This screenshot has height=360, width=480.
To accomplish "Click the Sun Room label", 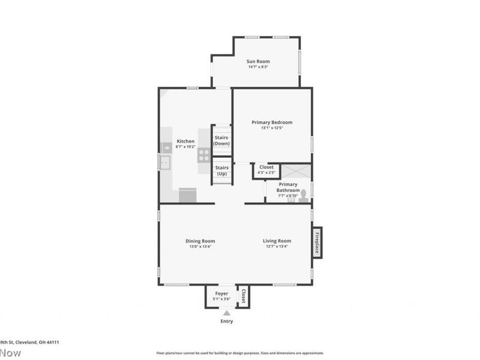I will (x=258, y=61).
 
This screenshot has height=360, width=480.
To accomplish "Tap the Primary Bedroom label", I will (x=272, y=122).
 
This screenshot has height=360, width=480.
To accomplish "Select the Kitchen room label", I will (x=185, y=142).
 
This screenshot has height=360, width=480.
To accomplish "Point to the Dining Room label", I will (x=200, y=241).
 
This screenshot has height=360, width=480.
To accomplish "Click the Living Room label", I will (x=277, y=241).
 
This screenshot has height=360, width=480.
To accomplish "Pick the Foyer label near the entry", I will (x=222, y=293).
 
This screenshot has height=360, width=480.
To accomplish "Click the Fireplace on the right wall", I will (x=317, y=242).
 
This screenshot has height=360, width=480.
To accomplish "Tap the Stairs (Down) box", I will (x=221, y=141).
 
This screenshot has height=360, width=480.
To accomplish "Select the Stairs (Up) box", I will (x=221, y=170).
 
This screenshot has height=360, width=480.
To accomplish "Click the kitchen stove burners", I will (x=204, y=155).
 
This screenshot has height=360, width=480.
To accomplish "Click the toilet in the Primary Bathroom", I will (x=303, y=195).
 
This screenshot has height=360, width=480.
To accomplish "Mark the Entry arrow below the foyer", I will (x=226, y=313).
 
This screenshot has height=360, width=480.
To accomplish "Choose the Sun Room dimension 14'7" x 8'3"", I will (x=258, y=67).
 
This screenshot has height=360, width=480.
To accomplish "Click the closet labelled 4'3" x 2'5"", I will (x=266, y=170).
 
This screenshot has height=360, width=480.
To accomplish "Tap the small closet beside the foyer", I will (x=243, y=296).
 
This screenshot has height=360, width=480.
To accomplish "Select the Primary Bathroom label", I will (x=288, y=187).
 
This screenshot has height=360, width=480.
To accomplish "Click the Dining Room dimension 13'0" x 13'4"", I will (x=200, y=247).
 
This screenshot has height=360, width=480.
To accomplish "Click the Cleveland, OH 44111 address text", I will (x=30, y=342).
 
